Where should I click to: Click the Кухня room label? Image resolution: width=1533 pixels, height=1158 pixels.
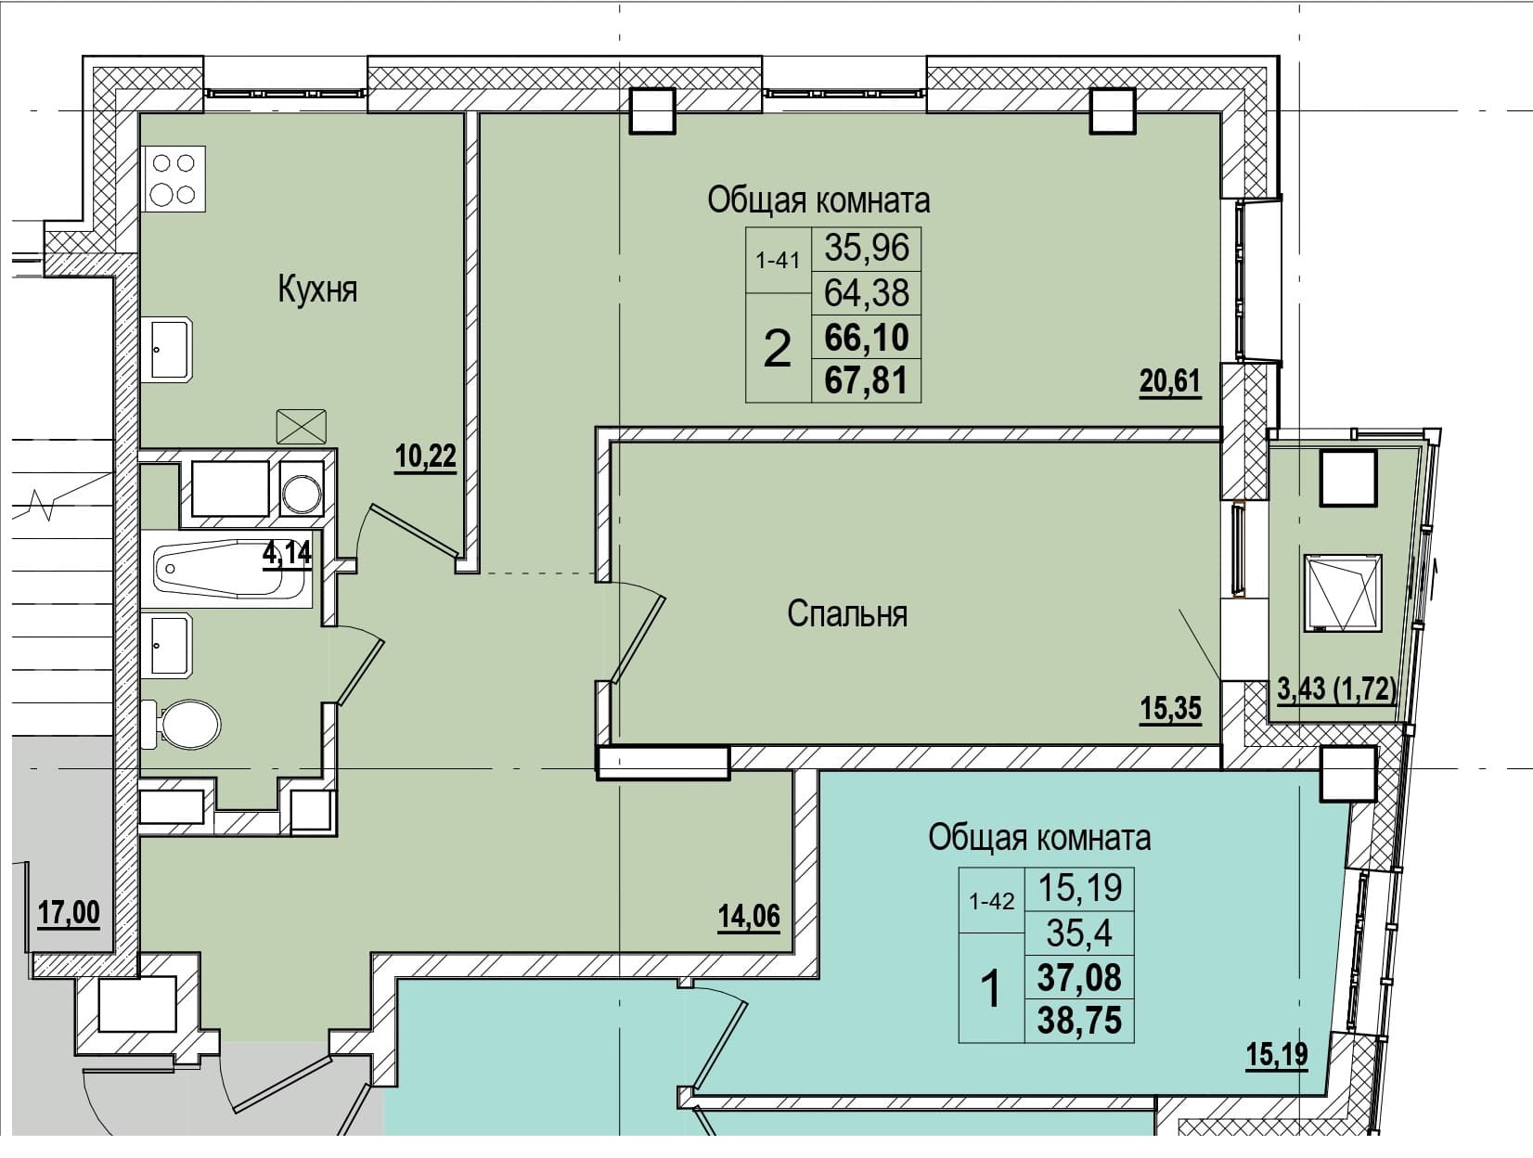pyautogui.click(x=317, y=289)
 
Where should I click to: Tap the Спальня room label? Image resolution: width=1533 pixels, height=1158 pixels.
pyautogui.click(x=847, y=614)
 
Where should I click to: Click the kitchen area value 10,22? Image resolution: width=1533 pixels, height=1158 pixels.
pyautogui.click(x=425, y=457)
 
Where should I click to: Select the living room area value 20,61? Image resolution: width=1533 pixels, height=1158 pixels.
pyautogui.click(x=1170, y=381)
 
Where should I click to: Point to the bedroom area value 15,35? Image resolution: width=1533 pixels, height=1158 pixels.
pyautogui.click(x=1170, y=709)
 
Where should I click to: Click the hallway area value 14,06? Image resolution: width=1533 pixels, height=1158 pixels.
pyautogui.click(x=749, y=916)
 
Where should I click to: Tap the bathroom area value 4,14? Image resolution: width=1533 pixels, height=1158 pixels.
pyautogui.click(x=287, y=554)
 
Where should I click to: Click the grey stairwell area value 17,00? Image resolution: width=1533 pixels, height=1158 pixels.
pyautogui.click(x=69, y=912)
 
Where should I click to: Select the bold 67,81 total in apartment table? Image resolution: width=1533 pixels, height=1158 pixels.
pyautogui.click(x=866, y=381)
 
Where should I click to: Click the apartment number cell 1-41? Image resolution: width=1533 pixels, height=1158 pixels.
pyautogui.click(x=778, y=261)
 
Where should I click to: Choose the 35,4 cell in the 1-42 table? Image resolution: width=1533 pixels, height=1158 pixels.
pyautogui.click(x=1079, y=933)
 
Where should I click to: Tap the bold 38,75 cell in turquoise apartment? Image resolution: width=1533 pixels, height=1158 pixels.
pyautogui.click(x=1079, y=1021)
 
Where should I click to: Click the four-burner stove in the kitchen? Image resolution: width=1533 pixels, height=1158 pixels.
pyautogui.click(x=174, y=179)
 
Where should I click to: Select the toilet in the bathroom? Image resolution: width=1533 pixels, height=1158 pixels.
pyautogui.click(x=181, y=724)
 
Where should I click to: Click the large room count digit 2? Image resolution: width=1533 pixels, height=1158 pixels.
pyautogui.click(x=778, y=349)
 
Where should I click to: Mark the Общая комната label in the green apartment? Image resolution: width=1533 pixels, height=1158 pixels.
pyautogui.click(x=818, y=200)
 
